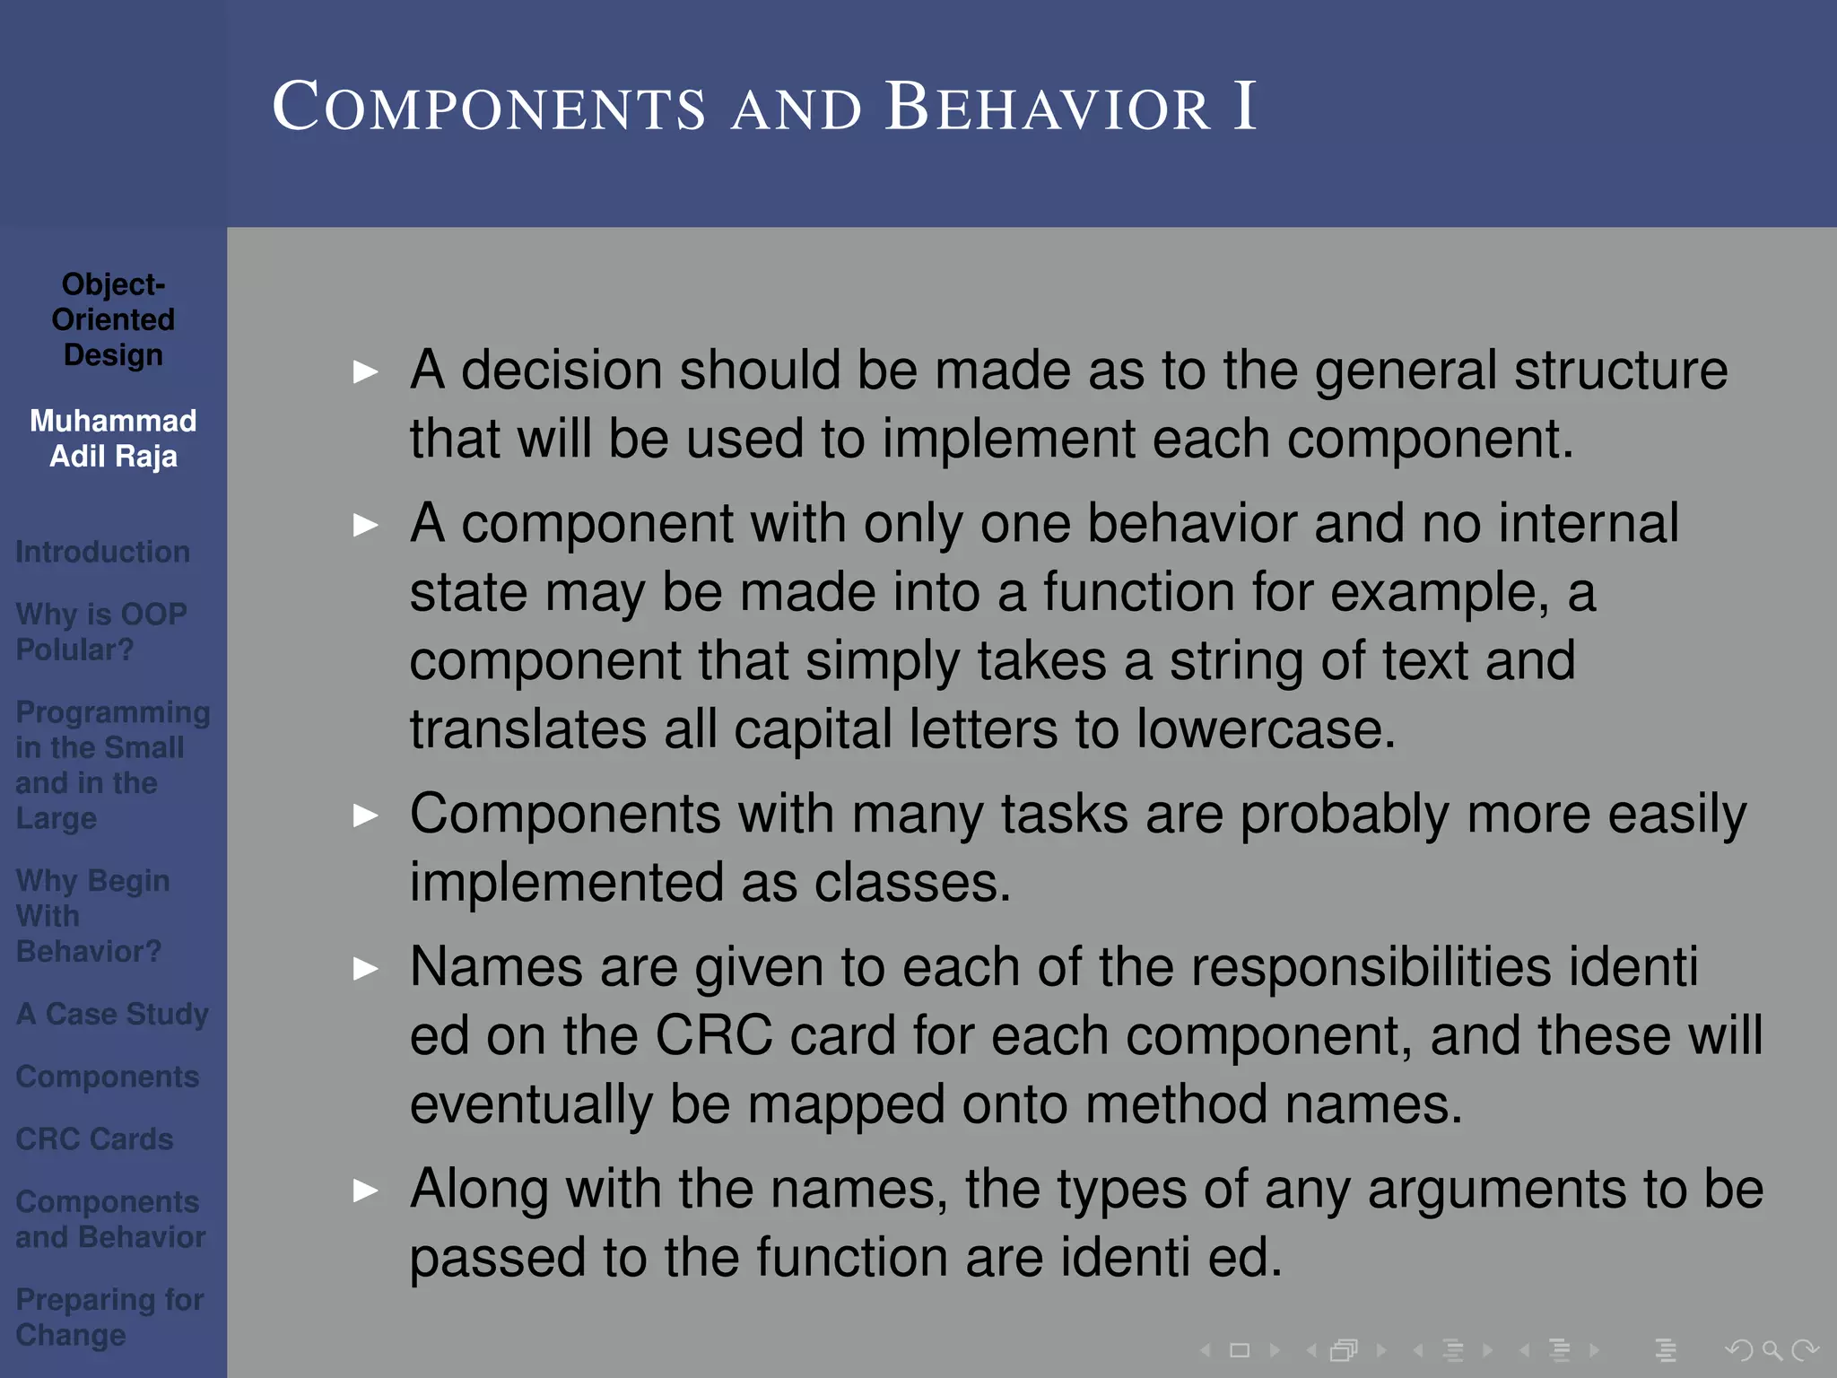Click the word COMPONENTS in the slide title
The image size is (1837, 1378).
click(489, 108)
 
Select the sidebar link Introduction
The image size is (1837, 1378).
click(102, 552)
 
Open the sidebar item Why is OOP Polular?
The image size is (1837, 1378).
click(100, 632)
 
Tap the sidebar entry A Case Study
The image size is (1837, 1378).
click(112, 1014)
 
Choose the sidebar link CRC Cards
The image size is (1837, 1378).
click(94, 1138)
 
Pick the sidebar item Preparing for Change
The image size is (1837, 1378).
click(109, 1317)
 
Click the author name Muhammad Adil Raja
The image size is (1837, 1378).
click(113, 439)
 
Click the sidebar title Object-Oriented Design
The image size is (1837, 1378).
click(113, 319)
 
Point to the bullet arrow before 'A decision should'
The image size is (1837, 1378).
click(365, 371)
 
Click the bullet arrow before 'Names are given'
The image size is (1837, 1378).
click(365, 969)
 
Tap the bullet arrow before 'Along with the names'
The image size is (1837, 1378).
click(365, 1190)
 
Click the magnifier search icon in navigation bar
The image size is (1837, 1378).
click(1772, 1349)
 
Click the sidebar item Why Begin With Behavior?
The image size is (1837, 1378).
click(91, 916)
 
